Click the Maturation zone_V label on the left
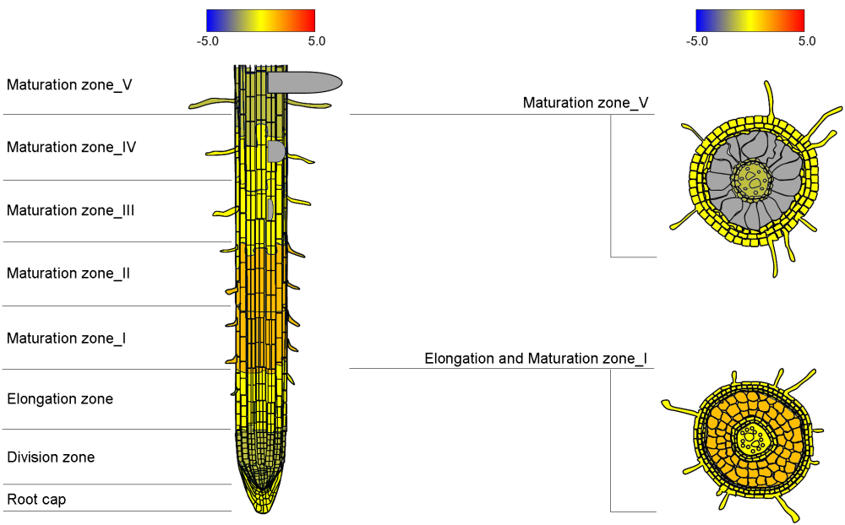point(69,84)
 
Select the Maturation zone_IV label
point(71,147)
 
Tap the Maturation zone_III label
point(70,210)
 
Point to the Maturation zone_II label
point(68,273)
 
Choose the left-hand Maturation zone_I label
point(66,338)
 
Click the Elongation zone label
point(60,398)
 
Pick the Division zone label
point(51,457)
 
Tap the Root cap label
point(36,500)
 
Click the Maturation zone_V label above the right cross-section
point(586,103)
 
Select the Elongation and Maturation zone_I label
point(536,359)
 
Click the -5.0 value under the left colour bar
point(207,40)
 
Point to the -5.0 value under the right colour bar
point(696,40)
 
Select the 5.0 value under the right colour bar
point(806,40)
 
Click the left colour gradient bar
point(260,20)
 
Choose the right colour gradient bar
point(750,20)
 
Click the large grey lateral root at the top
point(304,82)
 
